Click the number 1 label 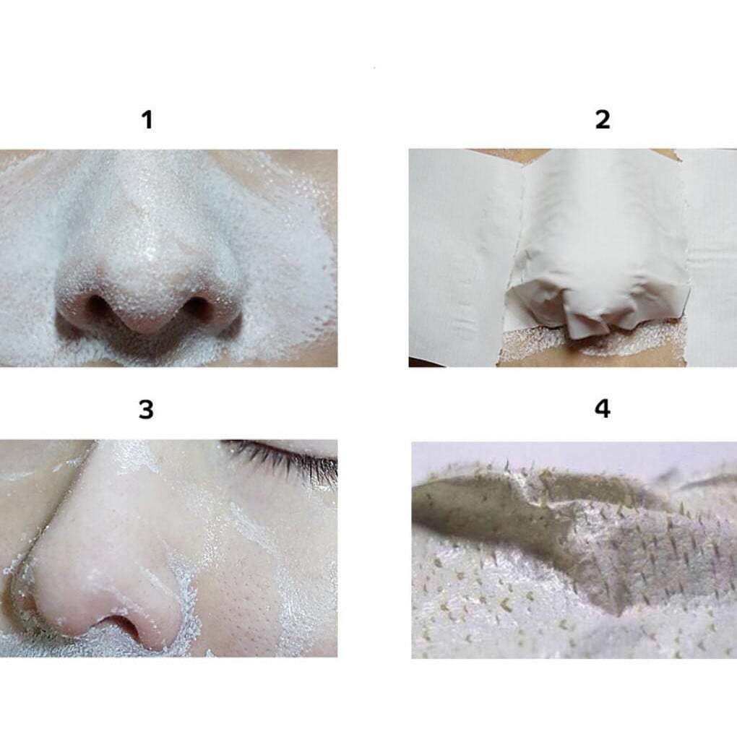coord(147,119)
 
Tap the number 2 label coord(603,119)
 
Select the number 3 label coord(146,410)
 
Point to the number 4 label coord(603,408)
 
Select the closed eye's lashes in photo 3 coord(282,458)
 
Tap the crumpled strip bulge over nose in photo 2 coord(597,306)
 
